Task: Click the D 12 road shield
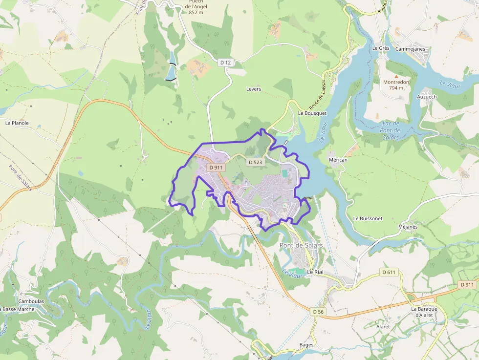coord(225,62)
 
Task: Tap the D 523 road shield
coord(255,162)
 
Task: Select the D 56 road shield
coord(318,311)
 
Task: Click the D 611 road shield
coord(389,272)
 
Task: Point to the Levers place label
coord(254,89)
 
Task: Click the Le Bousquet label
coord(312,113)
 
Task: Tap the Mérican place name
coord(338,160)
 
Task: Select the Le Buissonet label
coord(368,218)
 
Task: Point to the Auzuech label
coord(427,97)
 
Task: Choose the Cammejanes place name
coord(410,49)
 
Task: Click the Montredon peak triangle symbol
coord(396,77)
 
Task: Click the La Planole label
coord(17,123)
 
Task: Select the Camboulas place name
coord(31,301)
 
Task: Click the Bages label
coord(306,345)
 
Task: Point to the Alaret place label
coord(383,326)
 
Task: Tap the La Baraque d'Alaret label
coord(423,312)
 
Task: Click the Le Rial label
coord(315,272)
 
